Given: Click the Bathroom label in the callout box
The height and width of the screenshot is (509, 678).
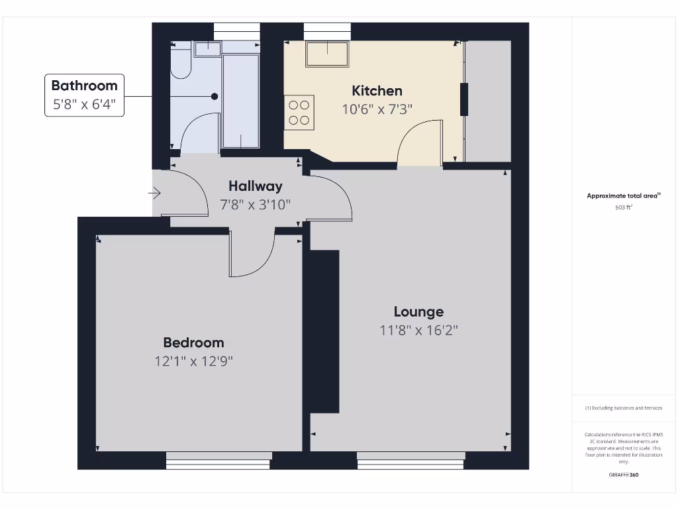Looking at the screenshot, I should tap(84, 85).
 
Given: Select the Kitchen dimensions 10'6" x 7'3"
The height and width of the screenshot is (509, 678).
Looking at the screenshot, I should tap(377, 109).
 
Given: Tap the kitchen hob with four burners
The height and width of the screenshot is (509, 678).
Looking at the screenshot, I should tap(299, 112).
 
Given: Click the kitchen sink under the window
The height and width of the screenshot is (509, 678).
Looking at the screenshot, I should tap(327, 54).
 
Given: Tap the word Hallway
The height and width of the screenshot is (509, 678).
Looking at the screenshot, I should tap(255, 186).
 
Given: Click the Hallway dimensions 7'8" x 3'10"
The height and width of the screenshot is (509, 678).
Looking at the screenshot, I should tap(255, 205).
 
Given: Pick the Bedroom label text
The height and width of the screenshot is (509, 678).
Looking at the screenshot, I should tap(193, 343).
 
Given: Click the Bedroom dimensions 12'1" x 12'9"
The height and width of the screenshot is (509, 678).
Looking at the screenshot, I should tap(193, 361).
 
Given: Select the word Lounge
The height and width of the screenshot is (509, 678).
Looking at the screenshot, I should tap(418, 311).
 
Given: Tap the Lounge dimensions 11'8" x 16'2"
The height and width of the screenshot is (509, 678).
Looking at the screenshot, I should tap(418, 330).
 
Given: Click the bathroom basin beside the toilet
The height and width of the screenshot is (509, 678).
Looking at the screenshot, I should tap(207, 49).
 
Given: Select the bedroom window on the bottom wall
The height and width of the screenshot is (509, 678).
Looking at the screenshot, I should tap(218, 460).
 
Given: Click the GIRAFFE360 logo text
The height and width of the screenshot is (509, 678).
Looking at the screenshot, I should tap(623, 475).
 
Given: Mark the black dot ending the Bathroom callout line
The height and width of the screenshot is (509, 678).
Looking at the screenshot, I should tap(214, 96).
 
